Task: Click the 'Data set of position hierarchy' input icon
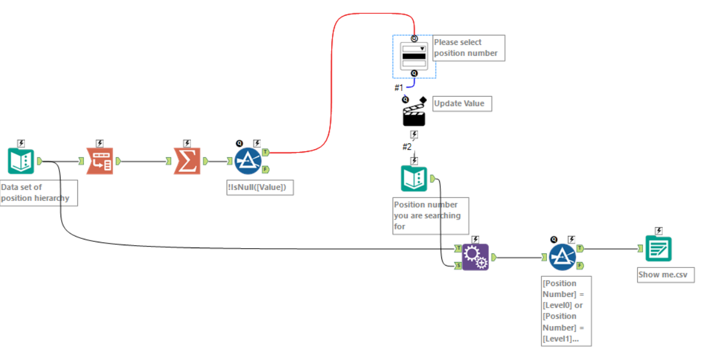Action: point(21,161)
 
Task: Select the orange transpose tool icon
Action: point(100,161)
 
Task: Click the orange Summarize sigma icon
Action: point(187,161)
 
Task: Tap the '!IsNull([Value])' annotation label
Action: point(260,188)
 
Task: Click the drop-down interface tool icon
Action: point(414,57)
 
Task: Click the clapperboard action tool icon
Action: point(414,114)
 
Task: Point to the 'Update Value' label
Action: point(462,104)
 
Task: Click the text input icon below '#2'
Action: point(414,179)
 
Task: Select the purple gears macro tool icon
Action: point(475,257)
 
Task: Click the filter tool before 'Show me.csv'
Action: point(563,257)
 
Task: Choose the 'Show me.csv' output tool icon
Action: point(659,249)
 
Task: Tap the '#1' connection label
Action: point(399,87)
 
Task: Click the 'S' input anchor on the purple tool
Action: point(458,266)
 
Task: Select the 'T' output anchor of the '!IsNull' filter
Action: point(266,153)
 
